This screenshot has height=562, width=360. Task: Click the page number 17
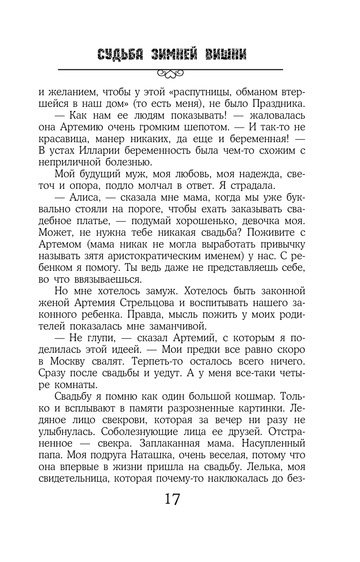point(172,499)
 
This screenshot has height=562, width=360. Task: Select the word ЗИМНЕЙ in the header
point(174,55)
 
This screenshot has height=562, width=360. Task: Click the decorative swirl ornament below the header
point(170,74)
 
